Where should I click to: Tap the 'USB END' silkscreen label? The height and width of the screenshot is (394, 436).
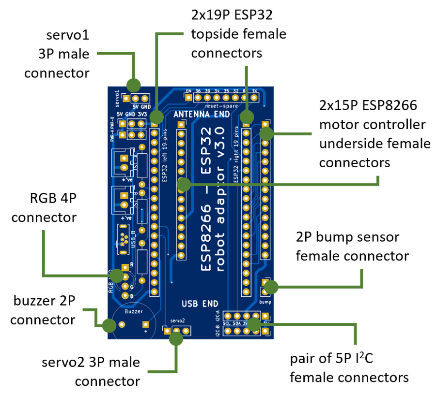coord(200,304)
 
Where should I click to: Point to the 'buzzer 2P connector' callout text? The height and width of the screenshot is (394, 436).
coord(43,310)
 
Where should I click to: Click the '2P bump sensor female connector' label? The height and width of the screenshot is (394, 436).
coord(352,246)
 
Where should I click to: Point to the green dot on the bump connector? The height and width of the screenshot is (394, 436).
coord(271,287)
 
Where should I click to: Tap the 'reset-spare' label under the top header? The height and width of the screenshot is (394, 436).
coord(219,105)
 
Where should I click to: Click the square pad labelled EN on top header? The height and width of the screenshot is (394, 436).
coord(188,97)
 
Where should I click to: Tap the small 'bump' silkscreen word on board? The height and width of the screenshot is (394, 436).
coord(265,302)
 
